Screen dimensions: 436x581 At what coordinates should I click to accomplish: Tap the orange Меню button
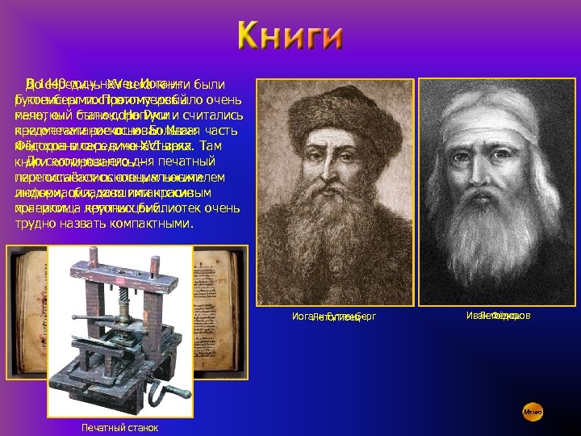(532, 412)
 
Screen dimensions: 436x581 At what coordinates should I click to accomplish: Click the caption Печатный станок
(120, 427)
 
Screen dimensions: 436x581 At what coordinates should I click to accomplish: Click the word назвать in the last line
(88, 224)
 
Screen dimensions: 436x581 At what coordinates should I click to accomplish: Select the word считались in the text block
(210, 114)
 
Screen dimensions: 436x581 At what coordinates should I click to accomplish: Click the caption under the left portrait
(334, 317)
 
